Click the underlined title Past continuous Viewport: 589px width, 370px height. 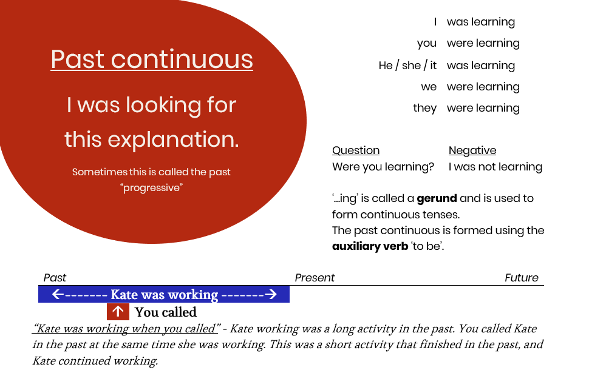[152, 59]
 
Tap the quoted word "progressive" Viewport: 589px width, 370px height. [152, 188]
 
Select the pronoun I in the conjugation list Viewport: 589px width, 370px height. [435, 22]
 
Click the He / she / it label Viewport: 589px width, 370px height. [407, 66]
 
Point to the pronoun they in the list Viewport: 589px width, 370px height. [424, 108]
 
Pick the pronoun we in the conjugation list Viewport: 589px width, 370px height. [429, 87]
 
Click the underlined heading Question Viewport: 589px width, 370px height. [356, 150]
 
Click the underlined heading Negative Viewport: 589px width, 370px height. [472, 150]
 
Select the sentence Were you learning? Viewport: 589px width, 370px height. [383, 167]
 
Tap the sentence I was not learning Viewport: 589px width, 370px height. [495, 167]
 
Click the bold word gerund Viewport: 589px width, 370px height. [436, 198]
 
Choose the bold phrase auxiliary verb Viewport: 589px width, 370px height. [370, 247]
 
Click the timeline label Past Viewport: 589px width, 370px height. [55, 278]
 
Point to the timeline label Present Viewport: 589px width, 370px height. [315, 278]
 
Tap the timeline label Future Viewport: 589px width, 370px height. [522, 278]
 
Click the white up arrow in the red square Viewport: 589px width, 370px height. [118, 312]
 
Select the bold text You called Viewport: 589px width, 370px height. [166, 312]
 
